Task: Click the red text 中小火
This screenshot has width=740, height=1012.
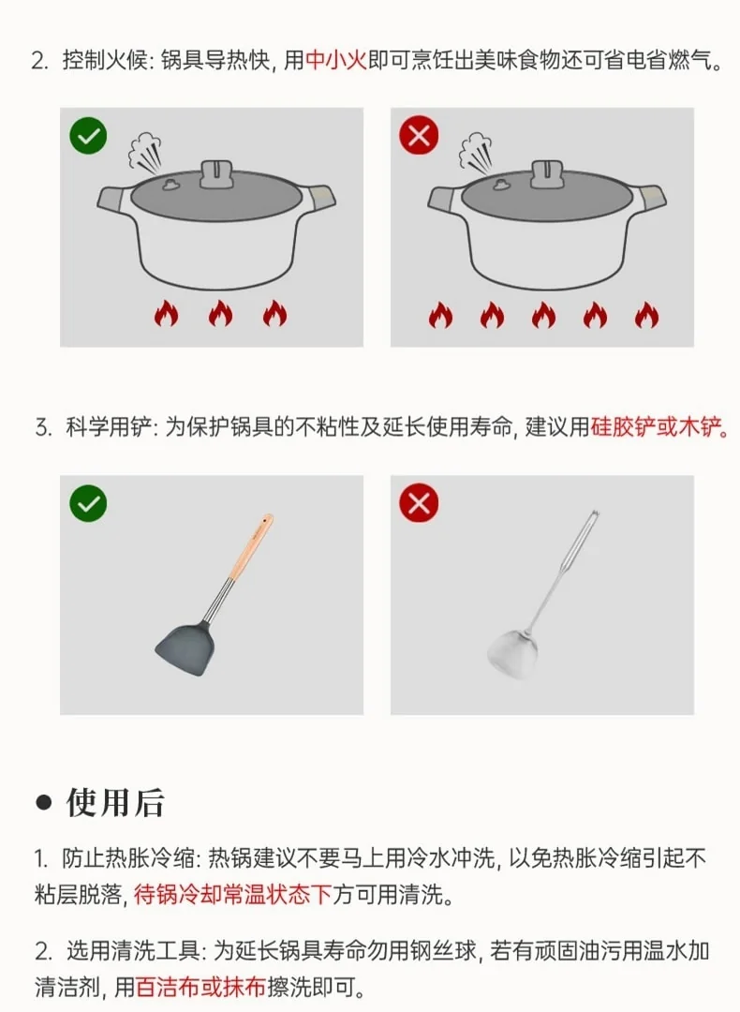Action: (x=336, y=60)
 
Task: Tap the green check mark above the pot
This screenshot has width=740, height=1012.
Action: (x=88, y=136)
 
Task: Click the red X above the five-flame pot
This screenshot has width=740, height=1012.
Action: (x=419, y=136)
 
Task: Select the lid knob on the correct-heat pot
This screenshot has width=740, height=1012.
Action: (x=216, y=173)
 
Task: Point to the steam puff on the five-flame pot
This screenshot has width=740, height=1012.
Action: (x=476, y=154)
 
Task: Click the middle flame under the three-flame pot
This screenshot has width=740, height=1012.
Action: (x=221, y=314)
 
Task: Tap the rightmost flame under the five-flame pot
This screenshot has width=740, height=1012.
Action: (x=646, y=315)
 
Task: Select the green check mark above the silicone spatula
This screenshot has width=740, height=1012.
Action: (x=88, y=503)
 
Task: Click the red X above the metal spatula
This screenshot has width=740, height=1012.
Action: (x=419, y=503)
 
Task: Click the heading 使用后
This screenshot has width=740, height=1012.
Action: (x=115, y=802)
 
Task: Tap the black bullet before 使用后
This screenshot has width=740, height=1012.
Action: (x=43, y=802)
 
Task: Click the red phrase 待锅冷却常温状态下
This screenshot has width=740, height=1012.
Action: (x=233, y=894)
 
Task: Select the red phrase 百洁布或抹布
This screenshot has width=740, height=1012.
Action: (x=200, y=987)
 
